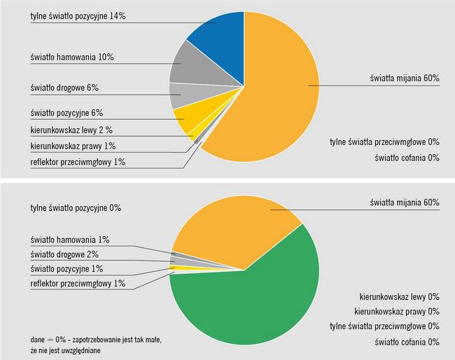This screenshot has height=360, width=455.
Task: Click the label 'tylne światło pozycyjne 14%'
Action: pos(78,15)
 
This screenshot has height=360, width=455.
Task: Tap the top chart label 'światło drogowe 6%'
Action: pos(64,90)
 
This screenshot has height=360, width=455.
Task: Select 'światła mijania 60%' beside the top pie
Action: pos(405,78)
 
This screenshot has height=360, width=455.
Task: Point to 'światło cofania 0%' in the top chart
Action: pos(405,158)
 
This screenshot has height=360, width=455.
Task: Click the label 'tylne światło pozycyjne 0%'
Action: pos(76,208)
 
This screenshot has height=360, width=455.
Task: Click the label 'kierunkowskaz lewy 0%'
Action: pos(399,296)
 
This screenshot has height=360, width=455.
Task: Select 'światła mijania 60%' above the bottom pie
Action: pos(405,202)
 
